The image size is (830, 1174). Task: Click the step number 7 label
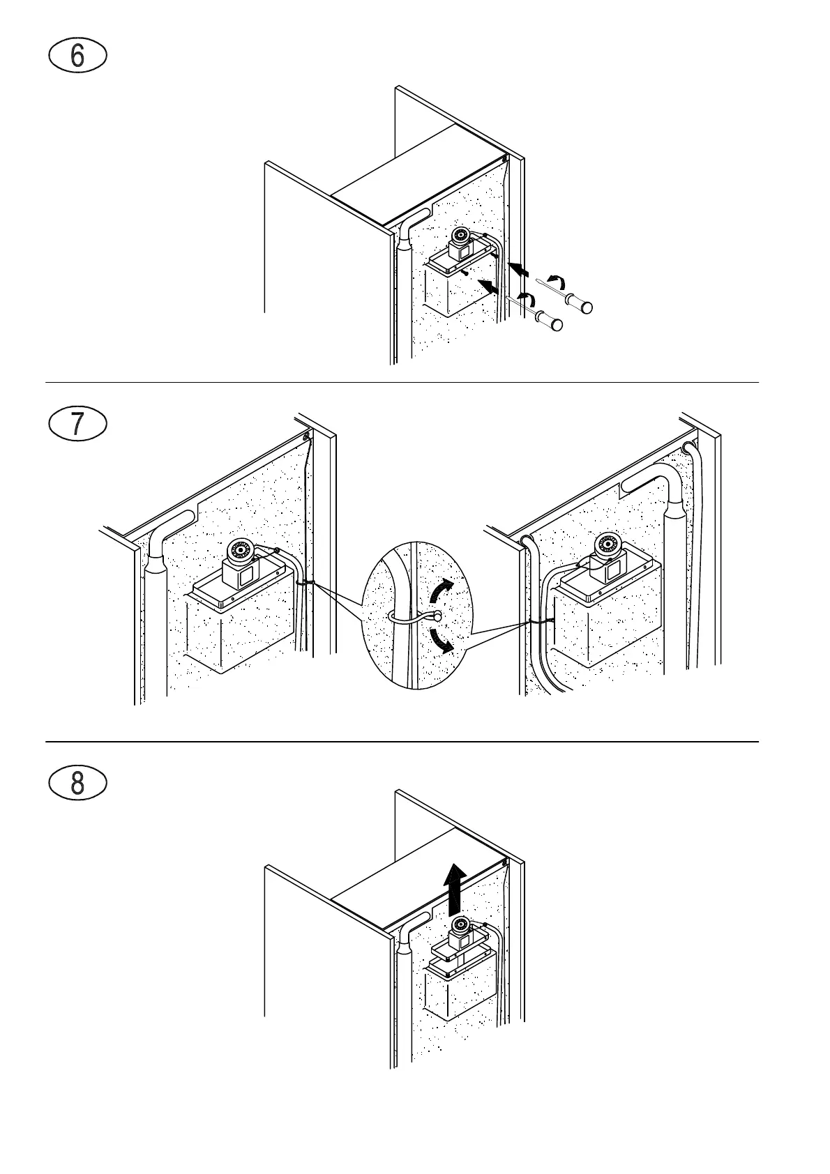tap(77, 425)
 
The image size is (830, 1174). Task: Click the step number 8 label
tap(77, 783)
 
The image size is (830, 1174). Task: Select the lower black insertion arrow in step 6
tap(489, 285)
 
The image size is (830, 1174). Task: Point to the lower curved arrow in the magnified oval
tap(441, 640)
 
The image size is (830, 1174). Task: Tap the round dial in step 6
tap(460, 235)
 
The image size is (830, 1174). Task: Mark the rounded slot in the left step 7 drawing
tap(176, 519)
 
